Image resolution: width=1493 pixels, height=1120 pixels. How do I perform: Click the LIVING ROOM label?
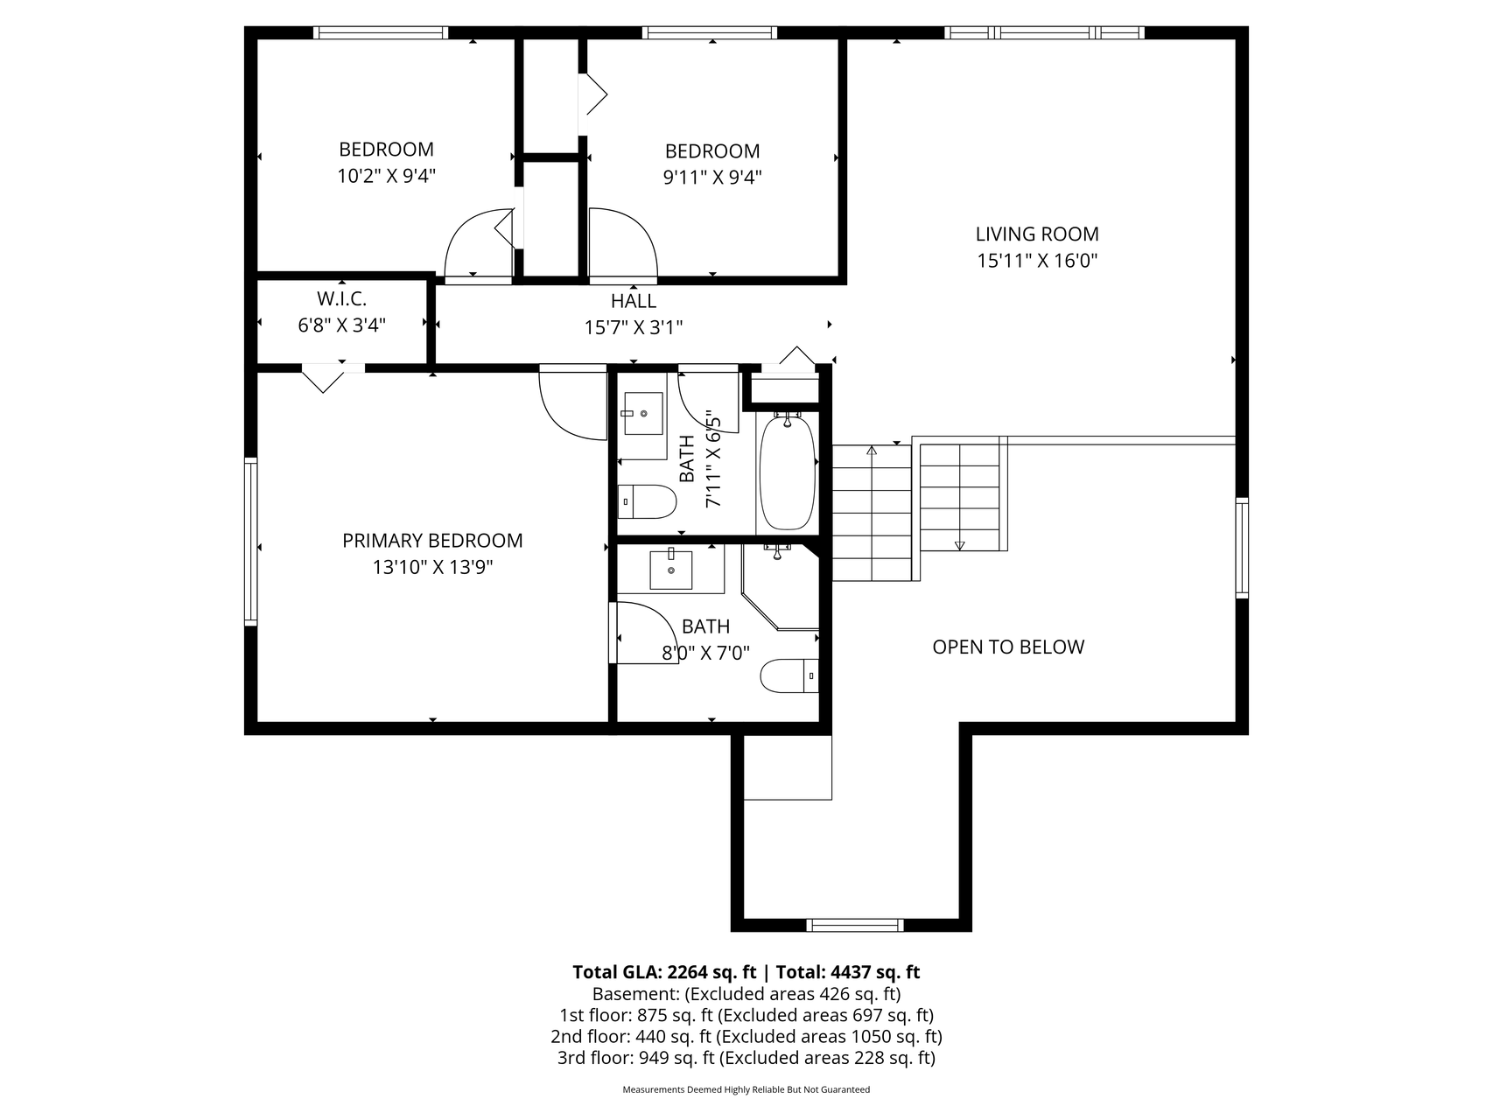(1037, 234)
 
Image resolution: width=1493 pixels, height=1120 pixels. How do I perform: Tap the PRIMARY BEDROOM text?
(432, 541)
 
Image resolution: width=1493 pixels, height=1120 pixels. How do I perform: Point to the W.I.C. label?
(341, 299)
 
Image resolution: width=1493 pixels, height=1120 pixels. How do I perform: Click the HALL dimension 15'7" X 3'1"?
(633, 328)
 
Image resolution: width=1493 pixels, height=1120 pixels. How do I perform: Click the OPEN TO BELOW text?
(1008, 647)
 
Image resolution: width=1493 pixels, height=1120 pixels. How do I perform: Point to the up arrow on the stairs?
(872, 451)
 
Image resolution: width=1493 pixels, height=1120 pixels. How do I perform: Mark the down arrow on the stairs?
(959, 544)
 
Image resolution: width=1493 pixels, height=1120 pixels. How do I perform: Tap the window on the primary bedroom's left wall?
(251, 541)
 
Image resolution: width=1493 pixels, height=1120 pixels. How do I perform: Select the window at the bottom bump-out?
(854, 925)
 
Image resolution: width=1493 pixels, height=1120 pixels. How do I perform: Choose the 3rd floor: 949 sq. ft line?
(746, 1058)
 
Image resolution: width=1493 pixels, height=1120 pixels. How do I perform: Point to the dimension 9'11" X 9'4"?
(711, 178)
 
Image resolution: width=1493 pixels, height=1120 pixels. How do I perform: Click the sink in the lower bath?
(671, 570)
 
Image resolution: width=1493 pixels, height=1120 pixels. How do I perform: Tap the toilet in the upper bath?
(648, 502)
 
